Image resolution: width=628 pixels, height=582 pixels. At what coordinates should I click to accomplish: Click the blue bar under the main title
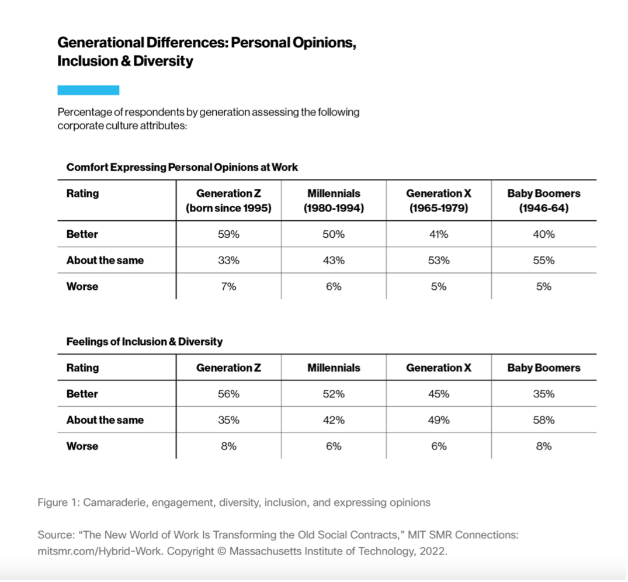pos(88,90)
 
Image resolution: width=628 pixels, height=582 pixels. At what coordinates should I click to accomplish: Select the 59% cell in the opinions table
pos(228,234)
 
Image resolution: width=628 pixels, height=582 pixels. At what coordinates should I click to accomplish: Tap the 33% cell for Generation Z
pos(228,261)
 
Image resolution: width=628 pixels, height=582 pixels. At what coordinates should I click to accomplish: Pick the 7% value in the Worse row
pos(228,286)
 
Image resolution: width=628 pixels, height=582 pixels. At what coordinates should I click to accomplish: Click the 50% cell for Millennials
pos(334,234)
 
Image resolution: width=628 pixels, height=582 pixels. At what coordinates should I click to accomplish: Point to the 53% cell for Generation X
pos(439,261)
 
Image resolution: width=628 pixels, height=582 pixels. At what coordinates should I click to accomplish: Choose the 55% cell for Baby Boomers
pos(543,261)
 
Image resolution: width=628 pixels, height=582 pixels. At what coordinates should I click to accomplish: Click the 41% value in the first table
pos(439,234)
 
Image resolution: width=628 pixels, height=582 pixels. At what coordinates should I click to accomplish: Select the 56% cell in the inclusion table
pos(228,394)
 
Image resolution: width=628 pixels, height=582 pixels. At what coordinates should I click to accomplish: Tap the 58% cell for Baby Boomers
pos(543,420)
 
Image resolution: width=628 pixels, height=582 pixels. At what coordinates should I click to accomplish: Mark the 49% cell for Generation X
pos(439,420)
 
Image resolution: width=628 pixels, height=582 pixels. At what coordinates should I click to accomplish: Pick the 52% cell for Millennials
pos(334,394)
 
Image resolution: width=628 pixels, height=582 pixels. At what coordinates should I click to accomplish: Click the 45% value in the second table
pos(439,394)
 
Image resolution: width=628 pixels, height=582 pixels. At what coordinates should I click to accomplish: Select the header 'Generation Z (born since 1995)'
pos(228,200)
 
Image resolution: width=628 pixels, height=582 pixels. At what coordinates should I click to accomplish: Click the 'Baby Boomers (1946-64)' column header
pos(544,200)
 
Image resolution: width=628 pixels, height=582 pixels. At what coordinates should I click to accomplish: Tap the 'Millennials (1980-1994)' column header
pos(334,200)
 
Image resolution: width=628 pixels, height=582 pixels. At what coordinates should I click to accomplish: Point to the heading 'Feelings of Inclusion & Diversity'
pos(144,342)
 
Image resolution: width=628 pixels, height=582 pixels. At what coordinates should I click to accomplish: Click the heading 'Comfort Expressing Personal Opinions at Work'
pos(182,168)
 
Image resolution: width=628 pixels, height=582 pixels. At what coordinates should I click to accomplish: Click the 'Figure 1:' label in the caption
pos(59,503)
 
